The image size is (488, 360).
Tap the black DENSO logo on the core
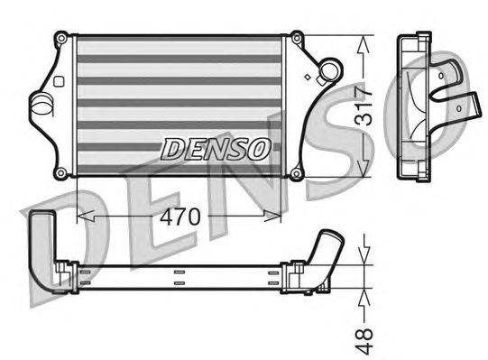coord(215,148)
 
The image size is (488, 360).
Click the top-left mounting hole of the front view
coord(60,38)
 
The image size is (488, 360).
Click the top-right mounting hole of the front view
coord(295,38)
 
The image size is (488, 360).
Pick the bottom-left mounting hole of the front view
coord(60,172)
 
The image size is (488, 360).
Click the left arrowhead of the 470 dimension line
coord(83,217)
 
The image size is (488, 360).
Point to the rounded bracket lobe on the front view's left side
coord(41,105)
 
